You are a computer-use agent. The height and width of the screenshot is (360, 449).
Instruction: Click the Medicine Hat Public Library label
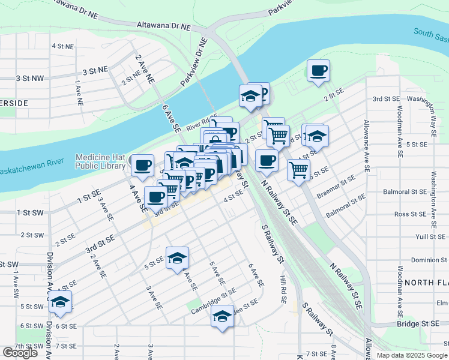[x=101, y=161]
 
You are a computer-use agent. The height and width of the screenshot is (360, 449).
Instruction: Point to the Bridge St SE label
[x=418, y=323]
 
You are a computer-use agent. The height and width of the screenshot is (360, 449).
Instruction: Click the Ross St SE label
[x=411, y=214]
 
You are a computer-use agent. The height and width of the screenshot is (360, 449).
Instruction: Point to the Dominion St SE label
[x=419, y=260]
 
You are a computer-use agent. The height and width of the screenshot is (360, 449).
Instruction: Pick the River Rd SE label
[x=201, y=124]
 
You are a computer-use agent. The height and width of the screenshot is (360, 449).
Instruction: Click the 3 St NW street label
[x=30, y=78]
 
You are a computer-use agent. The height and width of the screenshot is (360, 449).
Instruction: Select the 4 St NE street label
[x=62, y=46]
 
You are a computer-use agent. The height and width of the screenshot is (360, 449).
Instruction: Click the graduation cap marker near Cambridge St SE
[x=222, y=315]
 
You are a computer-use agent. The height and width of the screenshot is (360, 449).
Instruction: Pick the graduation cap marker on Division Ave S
[x=60, y=302]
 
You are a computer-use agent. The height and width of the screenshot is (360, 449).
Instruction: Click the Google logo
[x=20, y=353]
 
